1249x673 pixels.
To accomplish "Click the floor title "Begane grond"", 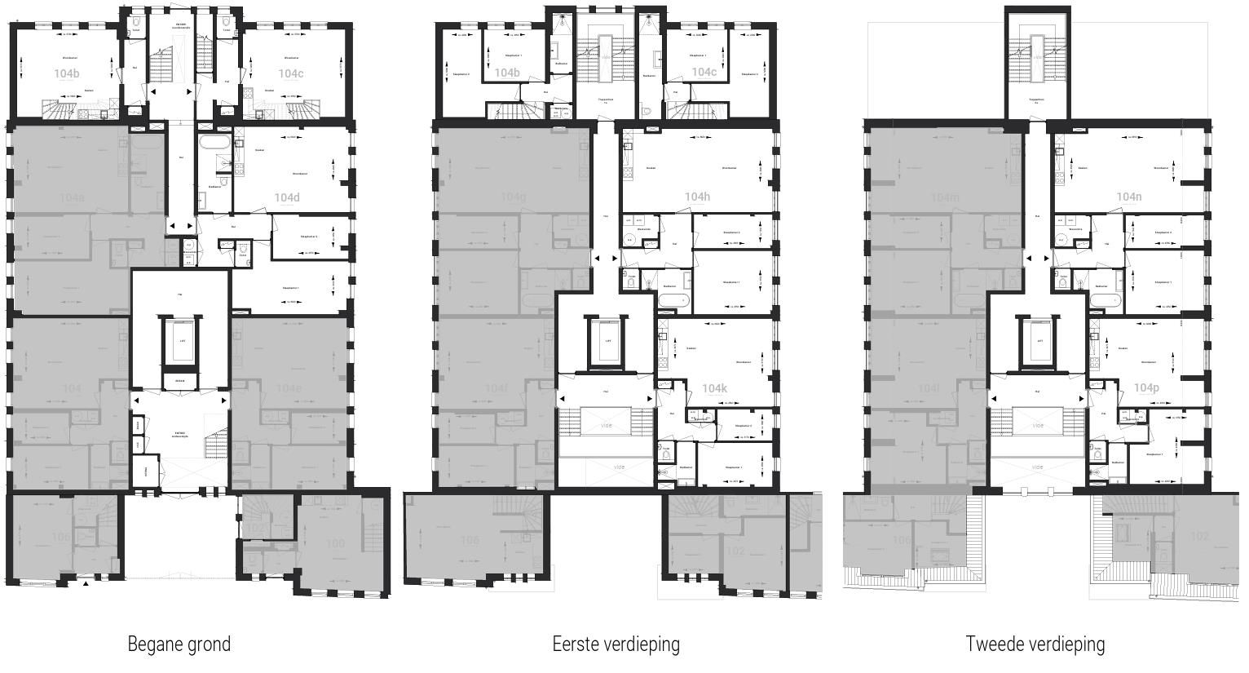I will tap(179, 644).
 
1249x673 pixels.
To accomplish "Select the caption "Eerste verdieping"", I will tap(616, 644).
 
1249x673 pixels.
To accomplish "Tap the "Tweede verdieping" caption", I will tap(1035, 644).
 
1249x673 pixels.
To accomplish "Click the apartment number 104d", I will tap(287, 197).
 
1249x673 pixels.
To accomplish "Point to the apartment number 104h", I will tap(697, 197).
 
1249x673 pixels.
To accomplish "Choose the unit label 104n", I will tap(1128, 197).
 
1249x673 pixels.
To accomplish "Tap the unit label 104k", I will tap(714, 388).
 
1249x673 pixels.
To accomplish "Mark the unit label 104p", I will tap(1146, 388).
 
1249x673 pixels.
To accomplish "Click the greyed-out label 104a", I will tap(72, 197).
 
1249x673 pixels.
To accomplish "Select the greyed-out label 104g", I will tap(513, 197).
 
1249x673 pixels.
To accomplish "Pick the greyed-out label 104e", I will tap(289, 388).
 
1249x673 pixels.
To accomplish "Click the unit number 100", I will tap(335, 543).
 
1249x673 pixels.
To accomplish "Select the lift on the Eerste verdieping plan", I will tap(607, 342).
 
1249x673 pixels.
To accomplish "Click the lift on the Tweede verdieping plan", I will tap(1039, 342).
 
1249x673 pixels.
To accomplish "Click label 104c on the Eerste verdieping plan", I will tap(704, 72).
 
